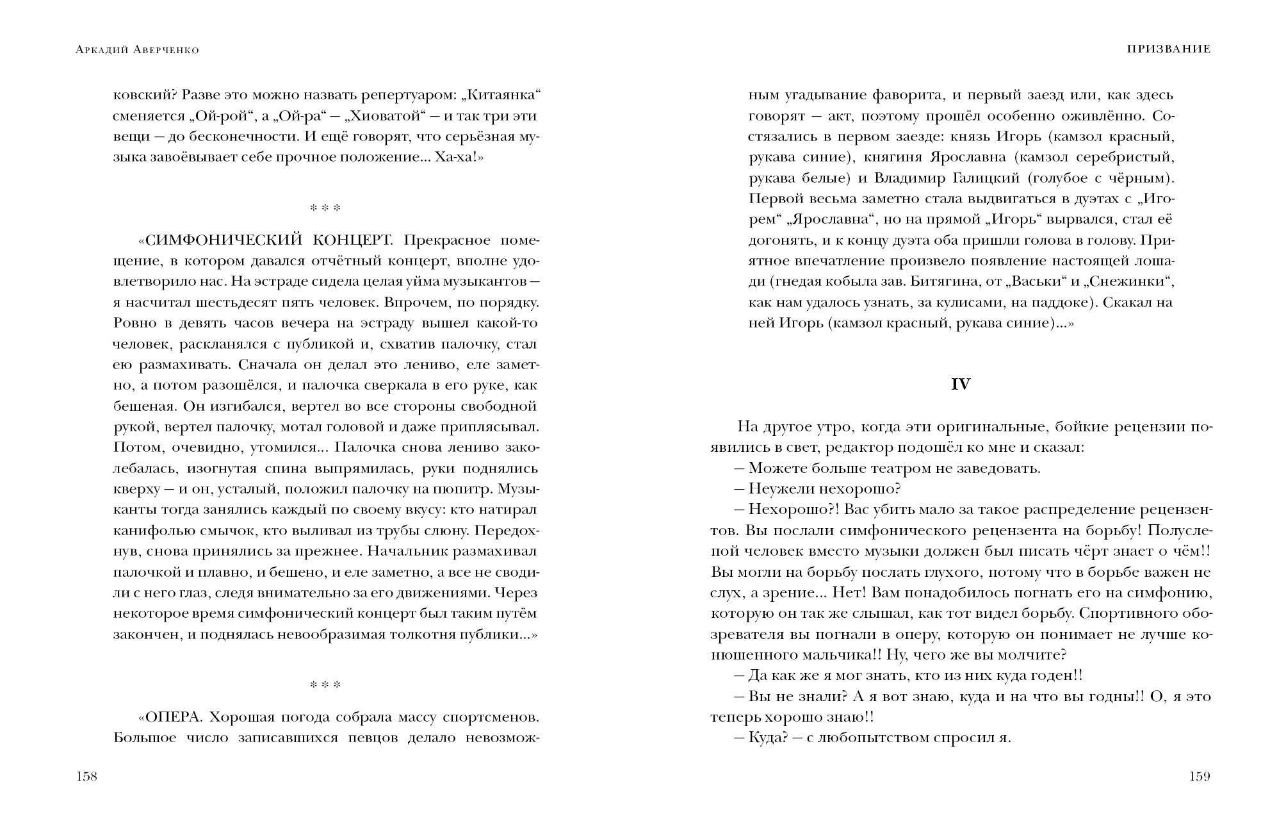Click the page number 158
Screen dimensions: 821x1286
86,777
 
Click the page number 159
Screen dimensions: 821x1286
1200,777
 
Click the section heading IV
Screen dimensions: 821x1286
961,384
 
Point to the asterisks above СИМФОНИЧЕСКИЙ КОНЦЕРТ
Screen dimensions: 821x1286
325,208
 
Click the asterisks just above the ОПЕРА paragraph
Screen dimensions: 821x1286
325,685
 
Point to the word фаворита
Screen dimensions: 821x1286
908,95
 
